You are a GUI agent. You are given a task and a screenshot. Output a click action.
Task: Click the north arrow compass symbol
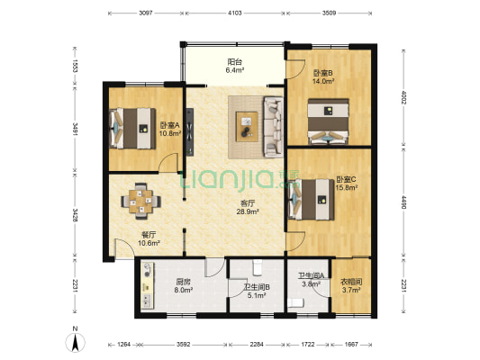click(x=75, y=342)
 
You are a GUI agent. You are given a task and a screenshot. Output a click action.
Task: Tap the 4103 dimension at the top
click(x=235, y=13)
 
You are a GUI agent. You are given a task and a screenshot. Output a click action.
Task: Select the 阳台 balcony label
click(x=235, y=62)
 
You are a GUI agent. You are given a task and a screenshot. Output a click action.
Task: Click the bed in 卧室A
click(x=132, y=129)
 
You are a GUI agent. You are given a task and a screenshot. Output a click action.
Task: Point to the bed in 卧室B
click(x=329, y=121)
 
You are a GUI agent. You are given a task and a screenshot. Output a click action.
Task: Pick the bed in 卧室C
click(x=311, y=200)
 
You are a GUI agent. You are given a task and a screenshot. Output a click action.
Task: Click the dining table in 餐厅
click(x=140, y=201)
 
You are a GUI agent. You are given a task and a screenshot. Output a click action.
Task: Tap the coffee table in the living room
click(x=247, y=127)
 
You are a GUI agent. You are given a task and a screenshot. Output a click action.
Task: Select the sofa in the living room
click(x=274, y=127)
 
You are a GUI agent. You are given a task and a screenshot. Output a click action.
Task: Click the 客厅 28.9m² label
click(x=248, y=207)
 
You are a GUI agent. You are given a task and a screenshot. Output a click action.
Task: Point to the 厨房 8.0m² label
click(x=183, y=285)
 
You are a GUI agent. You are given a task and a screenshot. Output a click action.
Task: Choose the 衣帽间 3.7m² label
click(x=351, y=285)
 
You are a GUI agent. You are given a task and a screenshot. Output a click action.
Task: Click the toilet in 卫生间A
click(x=295, y=302)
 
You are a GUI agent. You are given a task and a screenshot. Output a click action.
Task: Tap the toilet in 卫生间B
click(x=258, y=267)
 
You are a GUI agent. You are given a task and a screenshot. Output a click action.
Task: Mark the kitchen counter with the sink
click(x=148, y=285)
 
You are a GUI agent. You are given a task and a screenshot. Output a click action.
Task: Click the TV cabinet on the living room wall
click(x=190, y=131)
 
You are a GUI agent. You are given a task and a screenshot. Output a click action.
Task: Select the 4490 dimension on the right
click(x=403, y=202)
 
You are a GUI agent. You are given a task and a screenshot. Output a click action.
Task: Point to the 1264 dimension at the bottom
click(x=123, y=345)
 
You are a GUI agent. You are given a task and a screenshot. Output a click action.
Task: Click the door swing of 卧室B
click(x=295, y=68)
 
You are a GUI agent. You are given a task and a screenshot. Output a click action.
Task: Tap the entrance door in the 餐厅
click(x=125, y=247)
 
